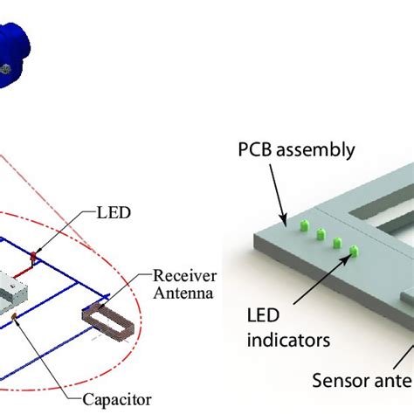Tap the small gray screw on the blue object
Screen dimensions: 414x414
tap(6, 66)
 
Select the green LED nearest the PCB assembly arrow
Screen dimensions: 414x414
tap(306, 226)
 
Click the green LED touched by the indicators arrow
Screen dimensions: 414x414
tap(354, 252)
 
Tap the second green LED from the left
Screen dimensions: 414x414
tap(321, 235)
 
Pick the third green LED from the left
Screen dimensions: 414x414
tap(337, 243)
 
